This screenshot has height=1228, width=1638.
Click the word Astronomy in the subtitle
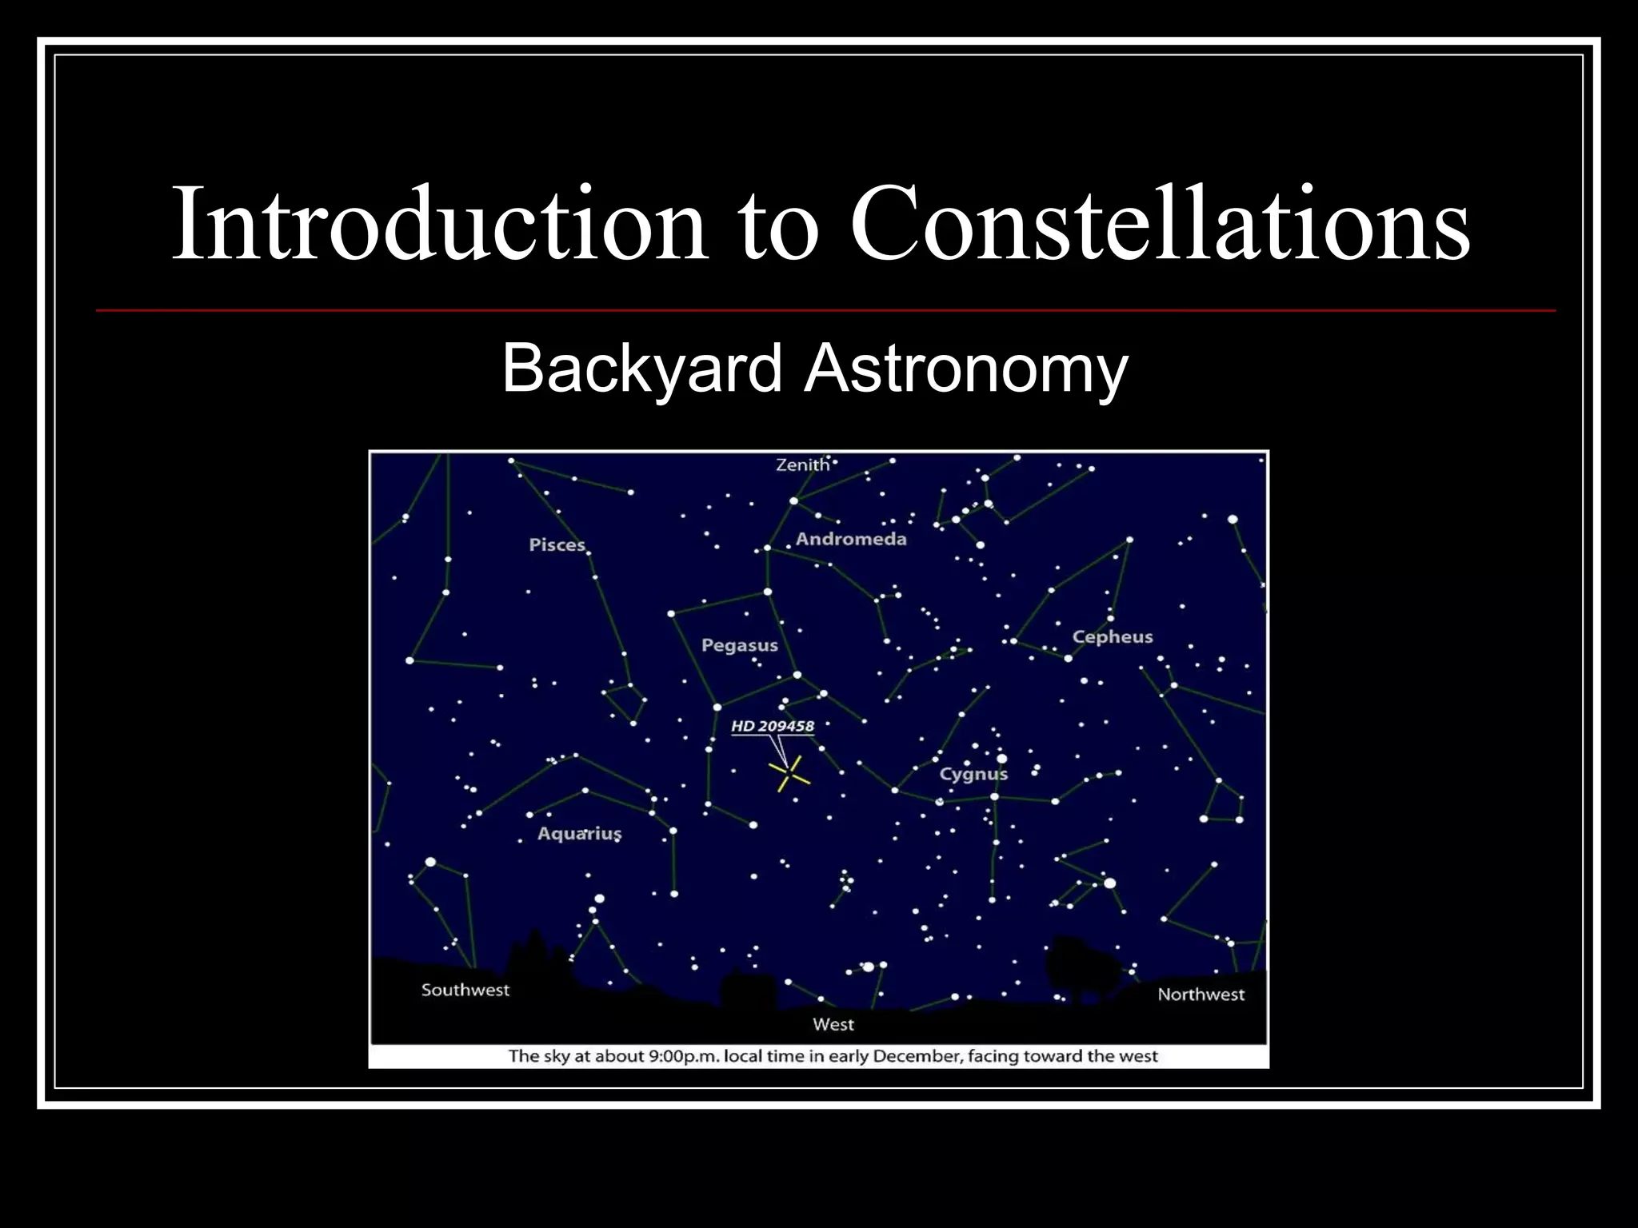tap(966, 369)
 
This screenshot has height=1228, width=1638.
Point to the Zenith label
tap(802, 464)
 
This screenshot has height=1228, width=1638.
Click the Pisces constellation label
tap(557, 545)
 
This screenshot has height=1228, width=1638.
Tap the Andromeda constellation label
tap(851, 539)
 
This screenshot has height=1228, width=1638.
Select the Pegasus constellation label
tap(739, 645)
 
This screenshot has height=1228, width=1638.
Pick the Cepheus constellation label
tap(1113, 637)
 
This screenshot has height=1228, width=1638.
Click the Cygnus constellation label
tap(973, 774)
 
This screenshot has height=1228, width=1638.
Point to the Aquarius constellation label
tap(579, 833)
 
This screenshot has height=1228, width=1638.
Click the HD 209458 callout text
tap(772, 727)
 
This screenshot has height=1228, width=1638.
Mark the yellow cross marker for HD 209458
tap(789, 774)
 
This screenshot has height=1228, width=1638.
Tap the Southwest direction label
tap(465, 990)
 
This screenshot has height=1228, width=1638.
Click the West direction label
tap(833, 1024)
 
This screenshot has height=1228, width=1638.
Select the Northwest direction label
tap(1201, 995)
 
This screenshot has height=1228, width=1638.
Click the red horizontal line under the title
tap(825, 310)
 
